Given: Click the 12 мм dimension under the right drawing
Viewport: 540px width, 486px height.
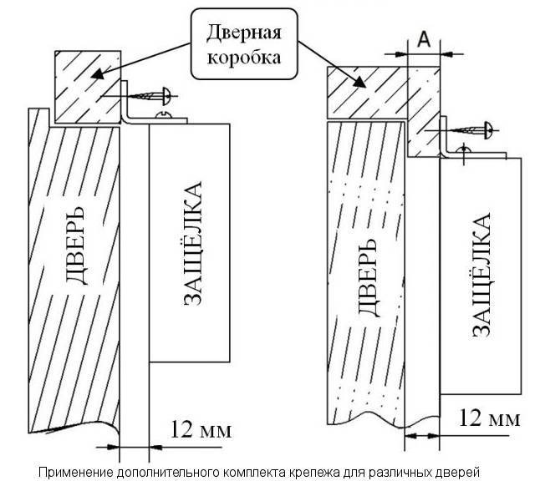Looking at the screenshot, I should [x=491, y=418].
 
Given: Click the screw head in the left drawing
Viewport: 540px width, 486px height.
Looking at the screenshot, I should [x=165, y=95].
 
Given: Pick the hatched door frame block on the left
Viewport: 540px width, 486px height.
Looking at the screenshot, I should [x=88, y=87].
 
